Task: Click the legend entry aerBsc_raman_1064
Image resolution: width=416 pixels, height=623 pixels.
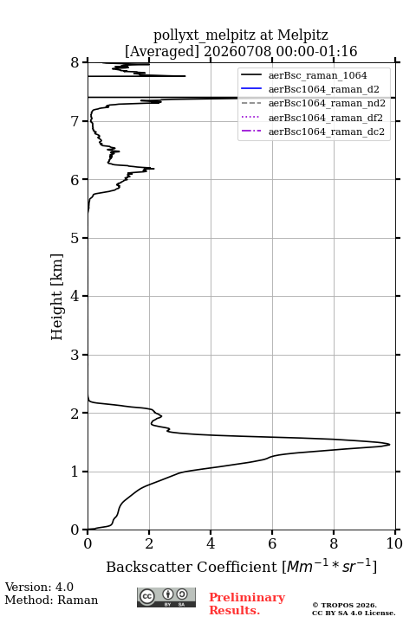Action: click(317, 75)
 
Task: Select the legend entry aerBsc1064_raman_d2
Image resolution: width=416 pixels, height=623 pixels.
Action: click(323, 89)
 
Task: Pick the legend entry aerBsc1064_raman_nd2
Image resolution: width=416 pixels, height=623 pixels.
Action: click(327, 103)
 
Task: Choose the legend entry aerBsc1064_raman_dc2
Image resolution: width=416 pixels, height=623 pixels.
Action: click(327, 132)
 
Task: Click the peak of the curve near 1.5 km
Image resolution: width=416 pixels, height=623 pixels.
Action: click(390, 445)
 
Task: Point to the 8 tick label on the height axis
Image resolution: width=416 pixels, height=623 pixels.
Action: click(75, 63)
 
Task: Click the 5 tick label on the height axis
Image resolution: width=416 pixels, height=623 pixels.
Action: click(75, 238)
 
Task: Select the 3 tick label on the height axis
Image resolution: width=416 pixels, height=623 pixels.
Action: click(75, 355)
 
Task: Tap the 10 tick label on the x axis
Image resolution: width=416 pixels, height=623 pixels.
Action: click(394, 543)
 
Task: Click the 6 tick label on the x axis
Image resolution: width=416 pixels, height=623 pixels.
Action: click(272, 543)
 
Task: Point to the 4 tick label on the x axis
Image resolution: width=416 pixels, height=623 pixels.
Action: click(211, 543)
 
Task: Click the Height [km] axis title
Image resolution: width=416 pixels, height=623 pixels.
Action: click(57, 297)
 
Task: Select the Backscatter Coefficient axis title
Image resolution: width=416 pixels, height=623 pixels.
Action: click(241, 566)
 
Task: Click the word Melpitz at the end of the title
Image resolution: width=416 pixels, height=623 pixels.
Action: click(303, 35)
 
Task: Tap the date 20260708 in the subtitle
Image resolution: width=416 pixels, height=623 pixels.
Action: click(237, 51)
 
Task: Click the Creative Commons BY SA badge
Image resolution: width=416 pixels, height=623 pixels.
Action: click(166, 597)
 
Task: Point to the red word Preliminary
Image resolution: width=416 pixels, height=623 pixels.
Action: click(247, 597)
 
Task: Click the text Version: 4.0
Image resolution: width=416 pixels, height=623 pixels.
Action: click(39, 587)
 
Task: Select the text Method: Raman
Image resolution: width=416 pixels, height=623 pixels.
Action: click(51, 600)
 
